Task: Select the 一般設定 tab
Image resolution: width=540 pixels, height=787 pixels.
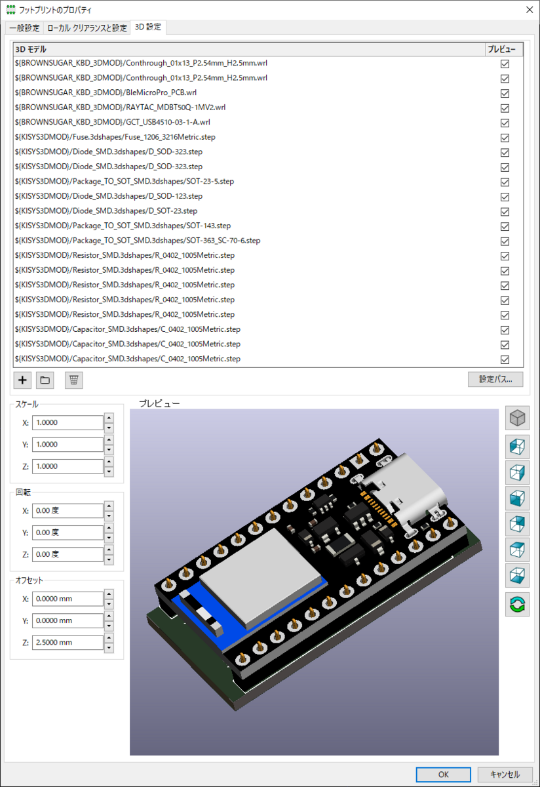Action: pos(24,28)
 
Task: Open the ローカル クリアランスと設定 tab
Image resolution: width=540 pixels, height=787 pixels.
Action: pos(87,28)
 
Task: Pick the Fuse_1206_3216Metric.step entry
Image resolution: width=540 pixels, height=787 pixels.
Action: pos(115,137)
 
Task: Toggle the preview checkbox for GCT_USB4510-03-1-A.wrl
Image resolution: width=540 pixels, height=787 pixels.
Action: pos(505,123)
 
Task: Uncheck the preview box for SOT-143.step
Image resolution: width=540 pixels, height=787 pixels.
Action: pos(505,226)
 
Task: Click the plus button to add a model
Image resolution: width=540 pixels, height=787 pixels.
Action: pos(23,380)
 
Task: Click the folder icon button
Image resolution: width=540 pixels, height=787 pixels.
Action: pos(45,380)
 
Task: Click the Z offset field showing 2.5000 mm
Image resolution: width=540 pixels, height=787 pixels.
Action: pos(67,643)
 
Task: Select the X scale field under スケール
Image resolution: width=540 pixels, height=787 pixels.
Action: pos(67,422)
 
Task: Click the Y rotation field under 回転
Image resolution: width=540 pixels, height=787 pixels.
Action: pos(67,533)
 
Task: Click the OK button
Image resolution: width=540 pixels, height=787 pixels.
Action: pos(444,775)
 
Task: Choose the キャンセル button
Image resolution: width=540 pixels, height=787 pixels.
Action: pos(504,775)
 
